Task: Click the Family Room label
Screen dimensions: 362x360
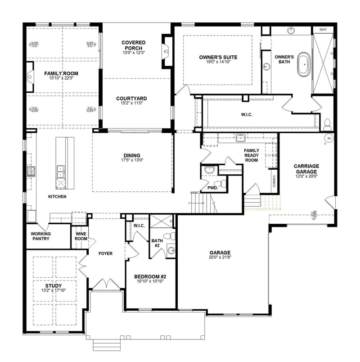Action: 61,73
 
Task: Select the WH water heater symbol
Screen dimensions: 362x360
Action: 329,138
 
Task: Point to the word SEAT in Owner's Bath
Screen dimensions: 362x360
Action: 323,29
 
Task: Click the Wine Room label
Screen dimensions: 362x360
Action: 81,236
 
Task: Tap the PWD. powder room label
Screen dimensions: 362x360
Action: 212,188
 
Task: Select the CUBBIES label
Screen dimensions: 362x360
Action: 274,181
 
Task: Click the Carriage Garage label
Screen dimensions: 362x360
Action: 306,169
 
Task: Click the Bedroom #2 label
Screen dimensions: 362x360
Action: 150,276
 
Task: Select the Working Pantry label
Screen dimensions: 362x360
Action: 41,236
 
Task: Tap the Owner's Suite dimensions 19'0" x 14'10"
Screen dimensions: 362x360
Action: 218,63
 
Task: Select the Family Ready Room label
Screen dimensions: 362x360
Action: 251,155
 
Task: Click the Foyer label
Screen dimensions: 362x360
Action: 106,253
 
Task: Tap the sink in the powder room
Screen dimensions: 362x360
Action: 209,170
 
